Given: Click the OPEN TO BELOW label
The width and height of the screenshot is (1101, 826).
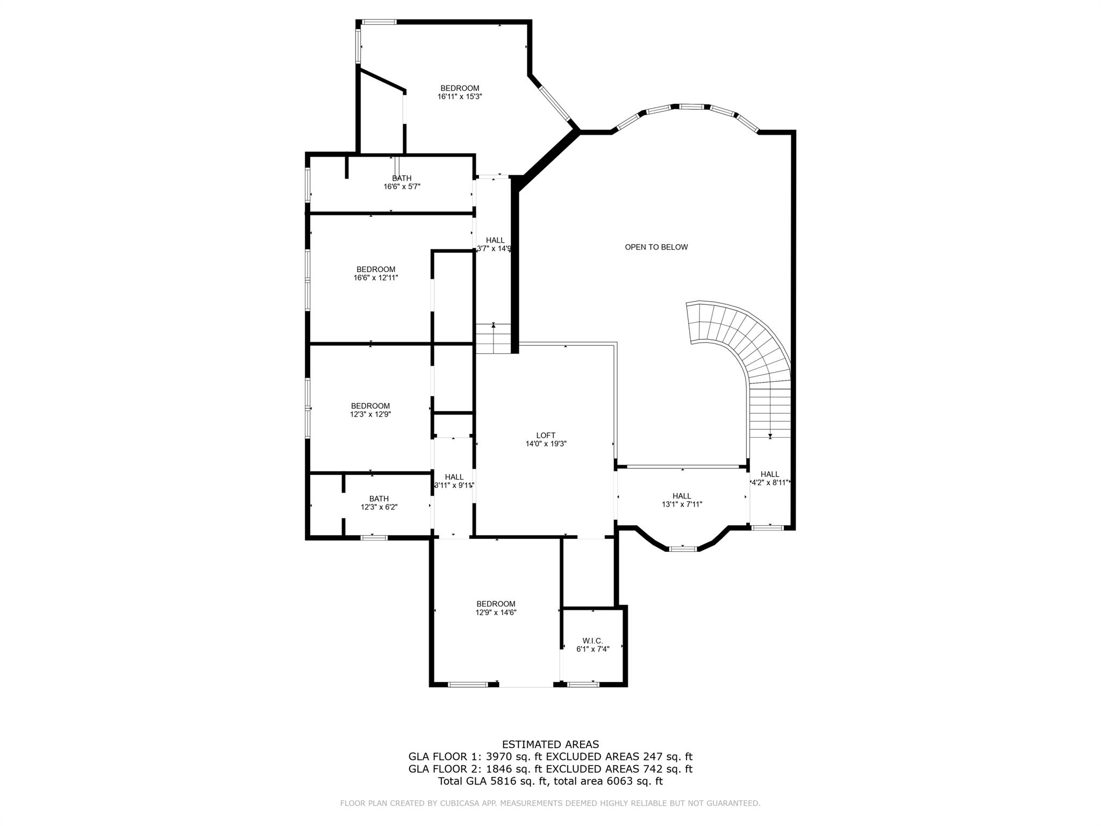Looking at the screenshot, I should coord(656,247).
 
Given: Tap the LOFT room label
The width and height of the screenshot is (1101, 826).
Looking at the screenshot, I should coord(546,436).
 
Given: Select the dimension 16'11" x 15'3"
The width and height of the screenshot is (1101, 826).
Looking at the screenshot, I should coord(460,97).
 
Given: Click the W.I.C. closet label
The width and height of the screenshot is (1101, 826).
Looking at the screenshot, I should coord(592,640).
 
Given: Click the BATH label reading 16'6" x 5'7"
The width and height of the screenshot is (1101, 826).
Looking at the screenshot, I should coord(402,179).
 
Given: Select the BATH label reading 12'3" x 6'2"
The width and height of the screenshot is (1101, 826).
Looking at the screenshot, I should coord(378,499).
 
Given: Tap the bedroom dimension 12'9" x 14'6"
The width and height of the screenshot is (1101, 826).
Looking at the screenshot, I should coord(496,613).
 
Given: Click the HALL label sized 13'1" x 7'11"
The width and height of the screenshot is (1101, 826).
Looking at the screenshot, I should coord(682,496).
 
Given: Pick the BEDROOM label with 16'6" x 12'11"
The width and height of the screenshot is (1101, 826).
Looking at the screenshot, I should coord(376,269).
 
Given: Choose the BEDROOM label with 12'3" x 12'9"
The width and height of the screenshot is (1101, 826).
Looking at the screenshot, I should coord(370,406).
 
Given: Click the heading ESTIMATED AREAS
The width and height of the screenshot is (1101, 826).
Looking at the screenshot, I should coord(550,744).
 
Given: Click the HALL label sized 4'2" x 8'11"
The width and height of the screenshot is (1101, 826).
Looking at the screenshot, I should coord(769,474).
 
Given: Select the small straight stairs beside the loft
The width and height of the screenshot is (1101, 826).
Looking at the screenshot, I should coord(493,339).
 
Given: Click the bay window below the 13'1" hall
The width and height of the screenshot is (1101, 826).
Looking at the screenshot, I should coord(683,549).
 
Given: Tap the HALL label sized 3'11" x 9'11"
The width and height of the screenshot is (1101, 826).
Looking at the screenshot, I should coord(454,477).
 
